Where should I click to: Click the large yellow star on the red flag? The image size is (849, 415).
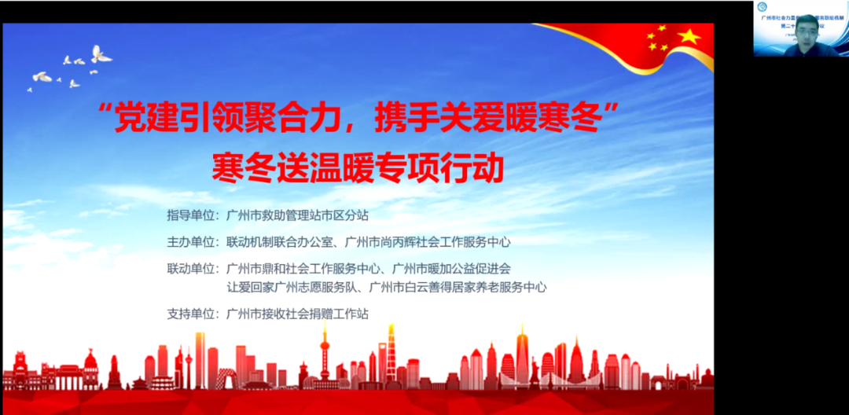(689, 37)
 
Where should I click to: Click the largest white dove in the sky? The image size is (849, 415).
(101, 53)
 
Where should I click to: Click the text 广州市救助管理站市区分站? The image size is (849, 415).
(297, 214)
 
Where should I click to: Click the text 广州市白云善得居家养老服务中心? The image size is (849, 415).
(458, 287)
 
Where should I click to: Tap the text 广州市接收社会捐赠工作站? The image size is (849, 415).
(297, 314)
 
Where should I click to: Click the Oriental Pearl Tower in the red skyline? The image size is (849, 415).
(323, 354)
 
